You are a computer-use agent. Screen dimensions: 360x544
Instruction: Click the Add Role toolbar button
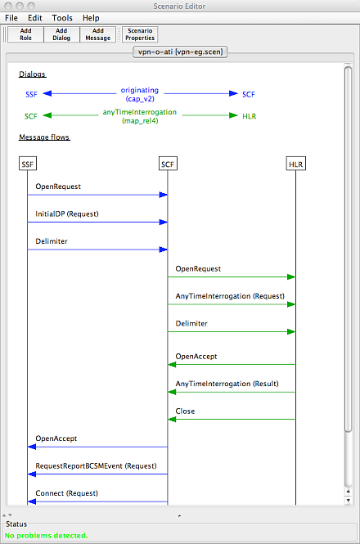click(25, 34)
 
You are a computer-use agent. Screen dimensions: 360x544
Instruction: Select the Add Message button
click(98, 34)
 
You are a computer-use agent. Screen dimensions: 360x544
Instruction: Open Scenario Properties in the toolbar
click(140, 34)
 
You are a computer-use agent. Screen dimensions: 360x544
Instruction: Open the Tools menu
click(62, 18)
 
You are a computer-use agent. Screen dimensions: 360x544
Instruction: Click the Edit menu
click(35, 18)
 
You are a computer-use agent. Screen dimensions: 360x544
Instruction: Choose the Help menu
click(91, 18)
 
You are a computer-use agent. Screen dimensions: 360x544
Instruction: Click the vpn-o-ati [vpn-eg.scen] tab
click(180, 52)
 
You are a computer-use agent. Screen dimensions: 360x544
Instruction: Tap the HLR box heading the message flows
click(296, 164)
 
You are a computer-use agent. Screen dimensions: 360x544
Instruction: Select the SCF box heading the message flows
click(168, 164)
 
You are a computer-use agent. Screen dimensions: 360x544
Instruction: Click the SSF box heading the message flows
click(28, 164)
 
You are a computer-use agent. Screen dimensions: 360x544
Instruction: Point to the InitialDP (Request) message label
click(67, 214)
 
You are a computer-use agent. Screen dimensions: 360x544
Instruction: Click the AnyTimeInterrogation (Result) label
click(227, 384)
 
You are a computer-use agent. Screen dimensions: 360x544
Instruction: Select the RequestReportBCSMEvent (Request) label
click(97, 466)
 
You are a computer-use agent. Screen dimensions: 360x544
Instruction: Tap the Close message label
click(185, 411)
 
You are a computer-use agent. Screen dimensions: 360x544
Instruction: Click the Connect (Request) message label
click(66, 493)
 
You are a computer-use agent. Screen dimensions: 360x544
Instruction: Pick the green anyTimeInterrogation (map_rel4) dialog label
click(140, 116)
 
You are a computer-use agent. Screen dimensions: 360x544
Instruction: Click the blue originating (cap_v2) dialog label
click(140, 94)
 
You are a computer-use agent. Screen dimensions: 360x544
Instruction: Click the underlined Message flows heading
click(44, 137)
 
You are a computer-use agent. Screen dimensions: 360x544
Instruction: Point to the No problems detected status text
click(46, 535)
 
